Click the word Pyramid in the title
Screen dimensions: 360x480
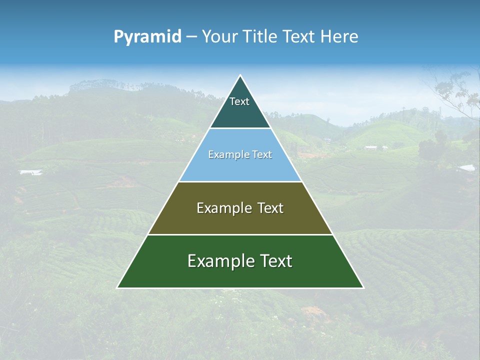point(147,37)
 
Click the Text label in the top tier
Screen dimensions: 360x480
point(239,101)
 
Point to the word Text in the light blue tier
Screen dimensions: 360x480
point(262,155)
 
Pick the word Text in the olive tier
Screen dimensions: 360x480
point(270,208)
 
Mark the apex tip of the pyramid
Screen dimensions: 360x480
point(240,75)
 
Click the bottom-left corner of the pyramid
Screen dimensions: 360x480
point(117,287)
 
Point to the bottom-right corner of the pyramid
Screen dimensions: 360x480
point(363,287)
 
